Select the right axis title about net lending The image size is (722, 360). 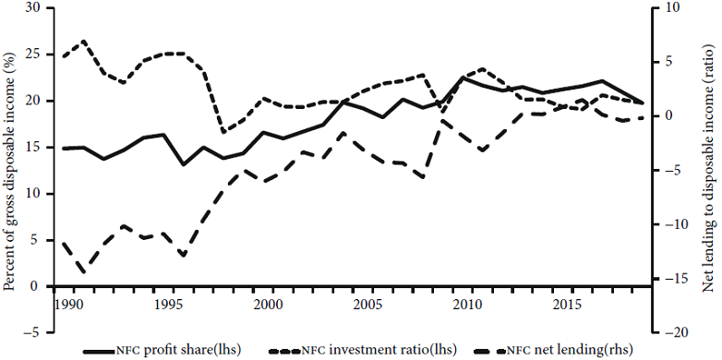(x=708, y=170)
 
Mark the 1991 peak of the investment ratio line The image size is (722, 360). (x=84, y=41)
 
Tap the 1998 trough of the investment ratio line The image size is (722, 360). (x=223, y=133)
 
